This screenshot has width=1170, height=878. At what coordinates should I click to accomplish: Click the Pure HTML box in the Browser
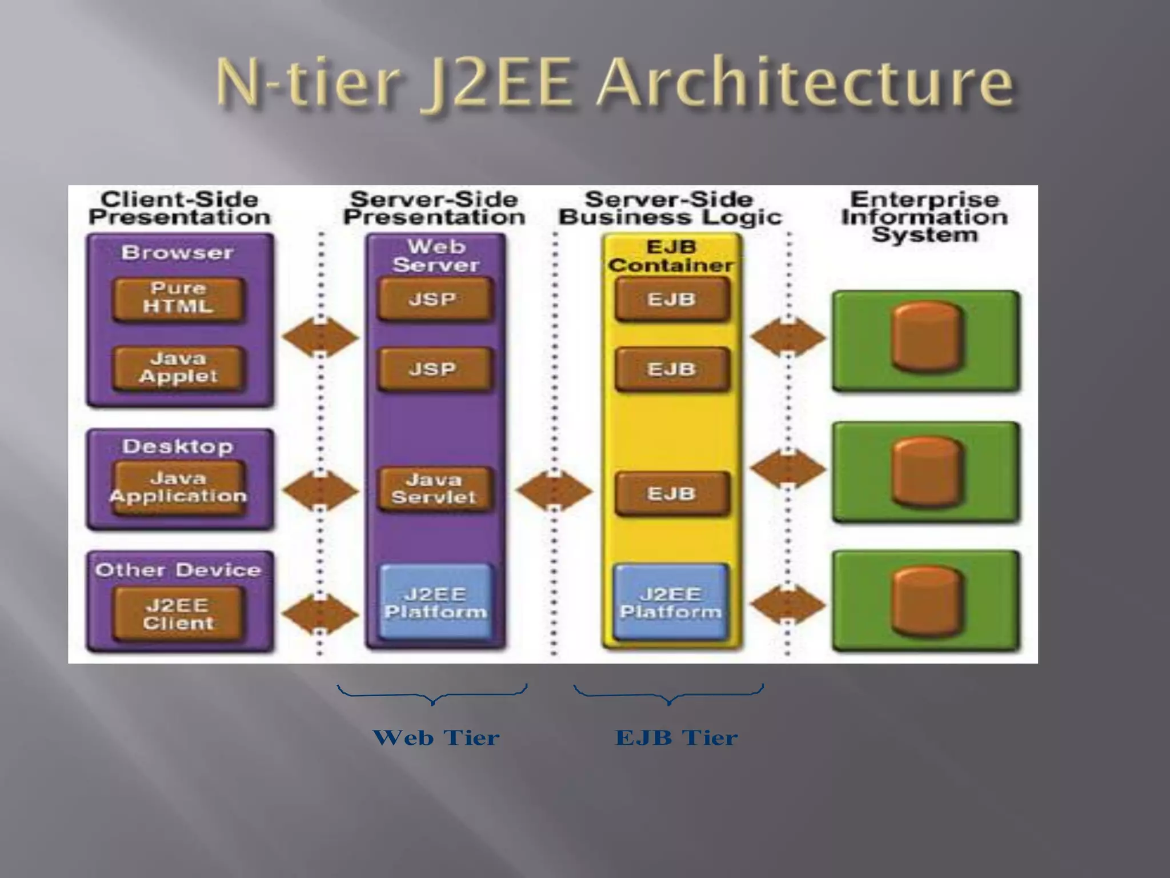(x=178, y=298)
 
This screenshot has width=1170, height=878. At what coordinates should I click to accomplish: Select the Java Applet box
(x=178, y=368)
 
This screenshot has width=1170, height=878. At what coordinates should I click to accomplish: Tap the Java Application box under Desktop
(x=178, y=488)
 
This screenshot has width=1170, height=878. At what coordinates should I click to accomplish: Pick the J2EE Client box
(x=178, y=614)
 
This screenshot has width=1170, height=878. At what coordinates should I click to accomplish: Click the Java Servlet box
(x=434, y=489)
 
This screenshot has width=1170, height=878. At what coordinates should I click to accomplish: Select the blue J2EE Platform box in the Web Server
(x=435, y=603)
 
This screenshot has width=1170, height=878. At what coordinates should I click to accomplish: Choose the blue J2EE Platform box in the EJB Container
(x=671, y=603)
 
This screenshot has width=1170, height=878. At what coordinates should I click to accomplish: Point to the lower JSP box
(x=434, y=369)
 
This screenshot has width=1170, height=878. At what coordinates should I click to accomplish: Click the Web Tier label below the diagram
(x=436, y=738)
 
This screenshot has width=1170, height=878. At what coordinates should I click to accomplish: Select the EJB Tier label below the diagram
(x=676, y=738)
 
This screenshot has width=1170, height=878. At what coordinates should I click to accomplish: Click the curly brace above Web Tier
(x=432, y=695)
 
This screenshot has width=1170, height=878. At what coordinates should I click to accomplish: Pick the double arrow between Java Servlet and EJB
(x=554, y=490)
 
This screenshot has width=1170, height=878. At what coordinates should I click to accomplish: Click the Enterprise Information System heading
(x=924, y=217)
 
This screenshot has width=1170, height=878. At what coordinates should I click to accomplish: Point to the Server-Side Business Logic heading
(x=670, y=209)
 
